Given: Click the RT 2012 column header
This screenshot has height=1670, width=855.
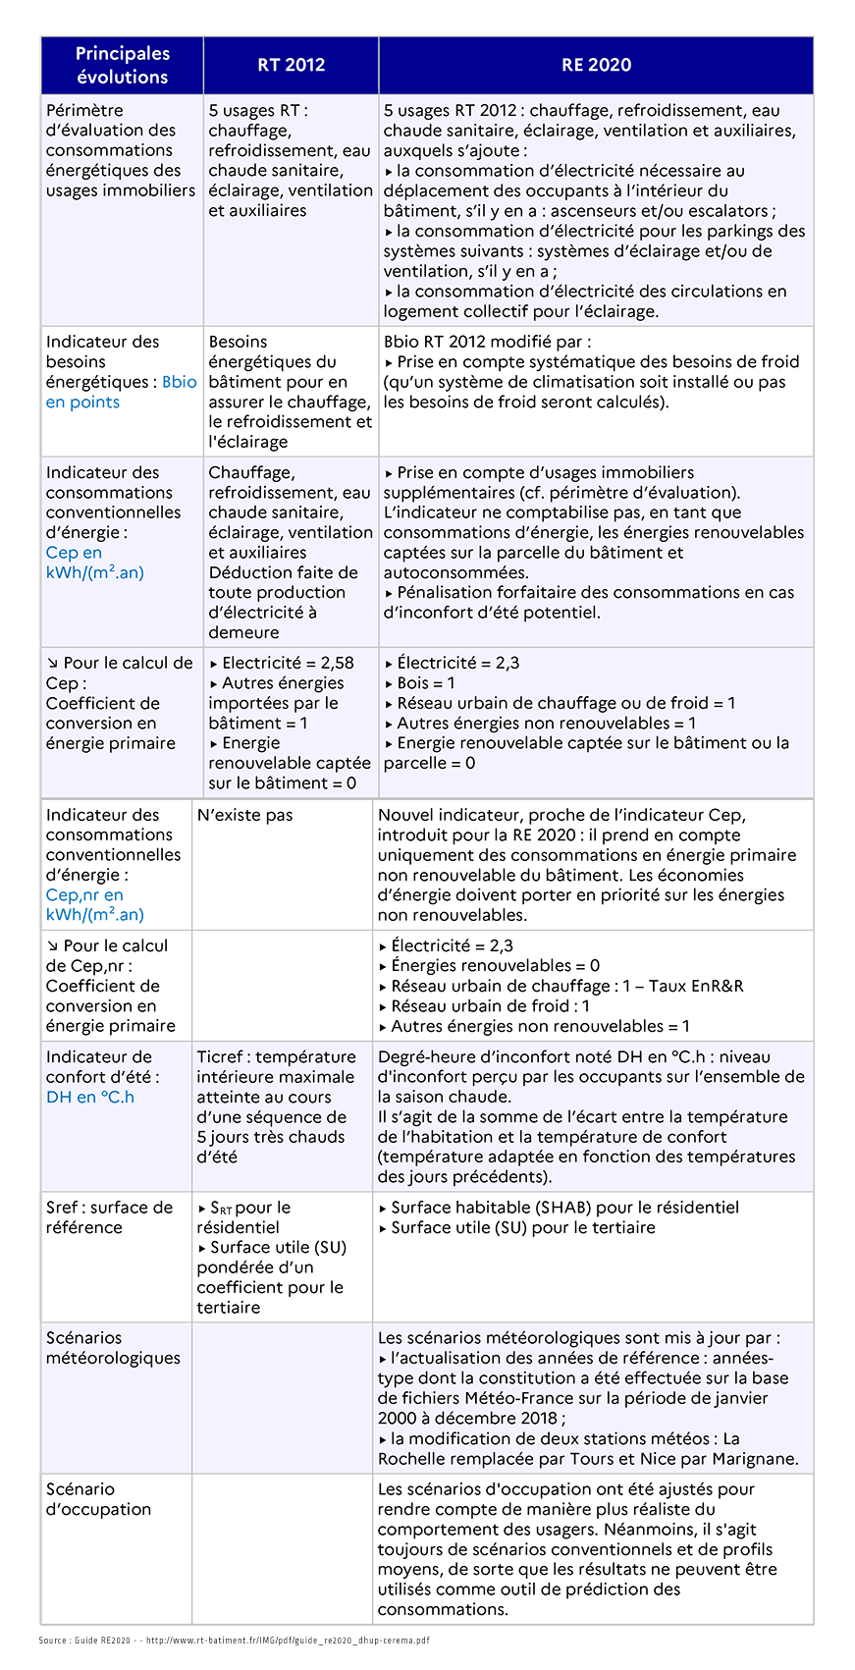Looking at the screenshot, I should pyautogui.click(x=291, y=66).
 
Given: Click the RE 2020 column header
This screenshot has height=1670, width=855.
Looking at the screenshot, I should pyautogui.click(x=596, y=66).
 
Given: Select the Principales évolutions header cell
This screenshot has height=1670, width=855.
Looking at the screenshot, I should pyautogui.click(x=123, y=66).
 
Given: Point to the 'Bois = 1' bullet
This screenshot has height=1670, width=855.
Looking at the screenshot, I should pyautogui.click(x=426, y=683).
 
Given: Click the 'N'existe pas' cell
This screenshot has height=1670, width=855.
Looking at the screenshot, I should pyautogui.click(x=244, y=815).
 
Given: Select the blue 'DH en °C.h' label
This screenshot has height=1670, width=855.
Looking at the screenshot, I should pyautogui.click(x=90, y=1097).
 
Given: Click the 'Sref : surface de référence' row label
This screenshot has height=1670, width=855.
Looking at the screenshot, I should pyautogui.click(x=109, y=1217).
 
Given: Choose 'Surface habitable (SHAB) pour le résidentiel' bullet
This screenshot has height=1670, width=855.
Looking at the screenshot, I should pyautogui.click(x=564, y=1208).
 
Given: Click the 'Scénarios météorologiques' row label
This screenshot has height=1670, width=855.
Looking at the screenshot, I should pyautogui.click(x=113, y=1348).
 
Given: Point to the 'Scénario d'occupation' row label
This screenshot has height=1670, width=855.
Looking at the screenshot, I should pyautogui.click(x=98, y=1499).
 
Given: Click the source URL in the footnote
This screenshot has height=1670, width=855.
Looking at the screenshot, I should pyautogui.click(x=288, y=1641).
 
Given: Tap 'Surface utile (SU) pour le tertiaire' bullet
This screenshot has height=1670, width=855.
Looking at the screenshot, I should pyautogui.click(x=522, y=1227).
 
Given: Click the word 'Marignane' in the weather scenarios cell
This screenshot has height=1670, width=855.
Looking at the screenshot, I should pyautogui.click(x=753, y=1459).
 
